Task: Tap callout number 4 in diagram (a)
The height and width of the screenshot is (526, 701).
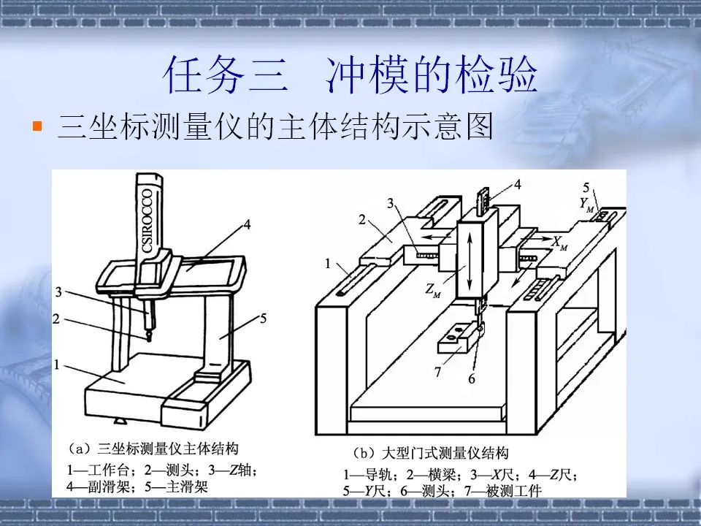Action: point(247,226)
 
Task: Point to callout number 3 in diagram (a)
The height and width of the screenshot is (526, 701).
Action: point(59,293)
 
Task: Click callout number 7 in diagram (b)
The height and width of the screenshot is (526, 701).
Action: point(438,373)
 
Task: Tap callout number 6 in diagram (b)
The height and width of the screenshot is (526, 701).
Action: point(472,378)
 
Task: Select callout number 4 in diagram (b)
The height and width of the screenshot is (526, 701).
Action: point(517,185)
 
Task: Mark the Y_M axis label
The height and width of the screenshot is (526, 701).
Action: point(587,207)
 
